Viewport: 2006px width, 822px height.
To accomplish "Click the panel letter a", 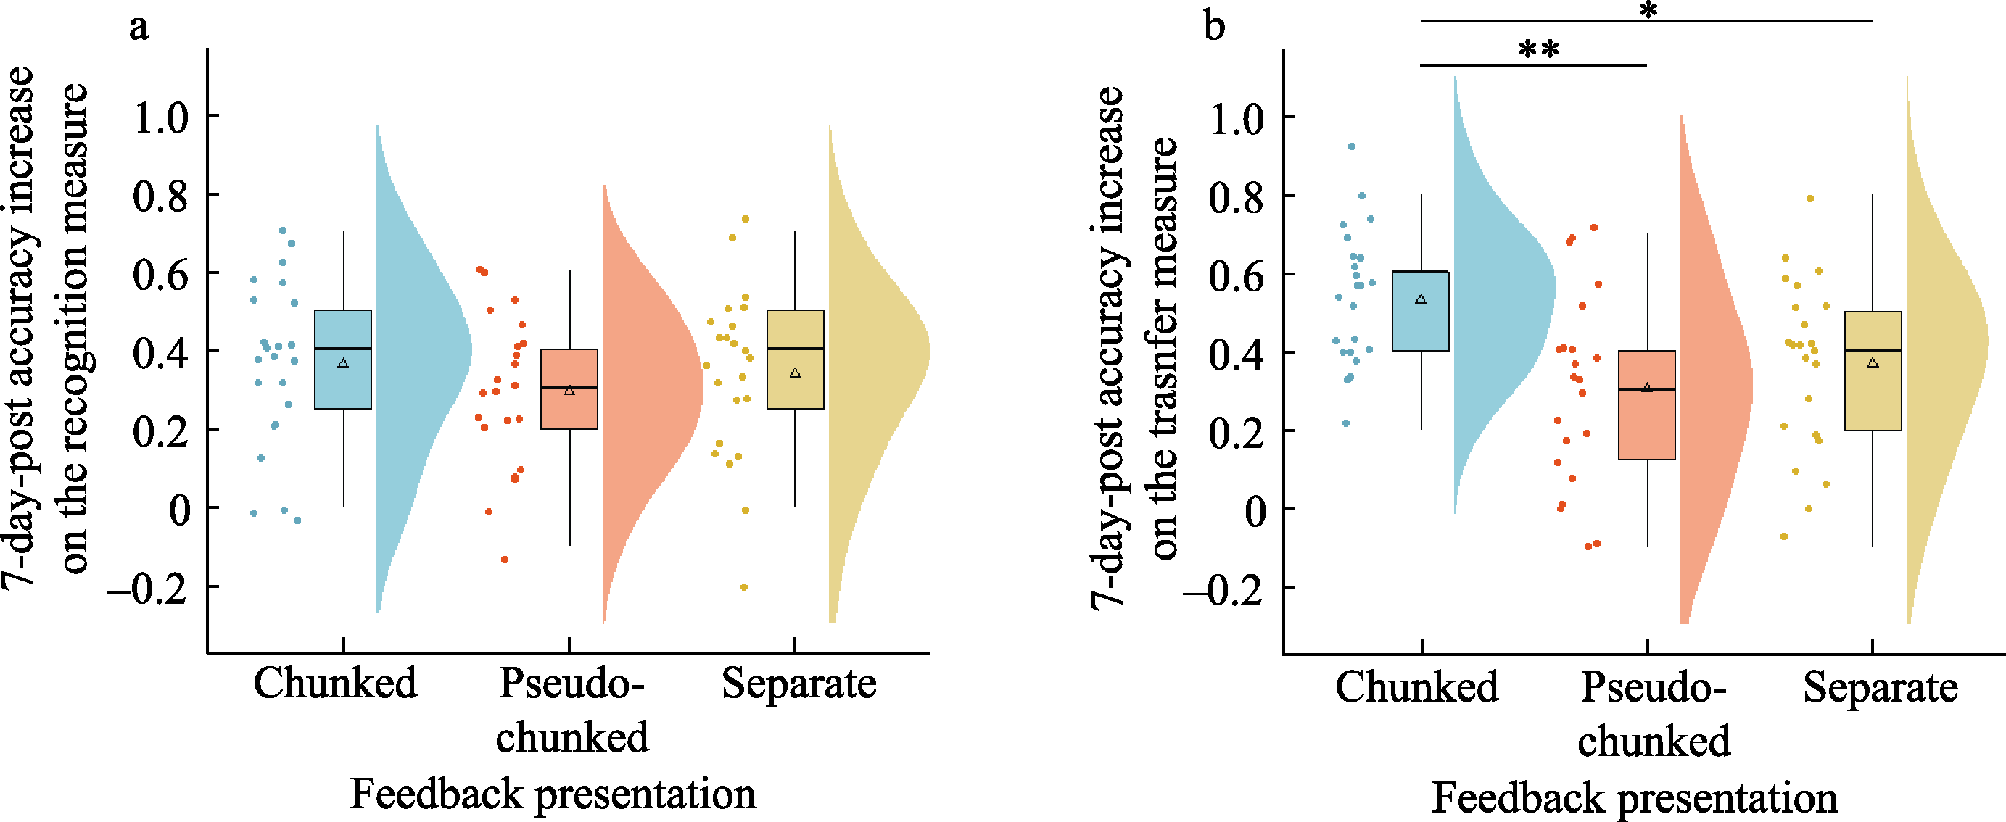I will pyautogui.click(x=139, y=28).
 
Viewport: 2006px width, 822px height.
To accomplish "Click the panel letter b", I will pyautogui.click(x=1214, y=27).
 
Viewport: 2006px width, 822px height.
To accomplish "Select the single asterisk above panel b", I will pyautogui.click(x=1648, y=11).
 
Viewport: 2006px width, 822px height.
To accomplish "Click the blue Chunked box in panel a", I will pyautogui.click(x=342, y=359).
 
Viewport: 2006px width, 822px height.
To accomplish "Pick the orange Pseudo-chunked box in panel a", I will pyautogui.click(x=569, y=389).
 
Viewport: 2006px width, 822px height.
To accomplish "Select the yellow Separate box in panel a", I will pyautogui.click(x=795, y=359).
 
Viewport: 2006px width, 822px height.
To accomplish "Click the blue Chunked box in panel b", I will pyautogui.click(x=1421, y=312).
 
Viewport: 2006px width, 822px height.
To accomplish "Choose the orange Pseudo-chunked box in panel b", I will pyautogui.click(x=1647, y=404).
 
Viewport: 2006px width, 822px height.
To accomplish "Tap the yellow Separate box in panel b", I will pyautogui.click(x=1873, y=370).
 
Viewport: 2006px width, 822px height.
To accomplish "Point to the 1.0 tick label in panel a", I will pyautogui.click(x=161, y=117).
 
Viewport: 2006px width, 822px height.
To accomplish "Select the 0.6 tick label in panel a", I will pyautogui.click(x=161, y=274).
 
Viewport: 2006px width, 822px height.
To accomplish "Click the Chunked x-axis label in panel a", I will pyautogui.click(x=335, y=684).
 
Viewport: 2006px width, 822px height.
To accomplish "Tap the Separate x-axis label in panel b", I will pyautogui.click(x=1880, y=687).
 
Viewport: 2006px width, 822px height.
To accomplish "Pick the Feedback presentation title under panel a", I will pyautogui.click(x=553, y=794).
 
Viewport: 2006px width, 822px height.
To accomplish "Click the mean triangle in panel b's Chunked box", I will pyautogui.click(x=1421, y=299).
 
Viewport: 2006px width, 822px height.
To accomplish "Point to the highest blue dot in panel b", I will pyautogui.click(x=1352, y=146).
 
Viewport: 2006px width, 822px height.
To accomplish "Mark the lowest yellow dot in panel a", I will pyautogui.click(x=743, y=587).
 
